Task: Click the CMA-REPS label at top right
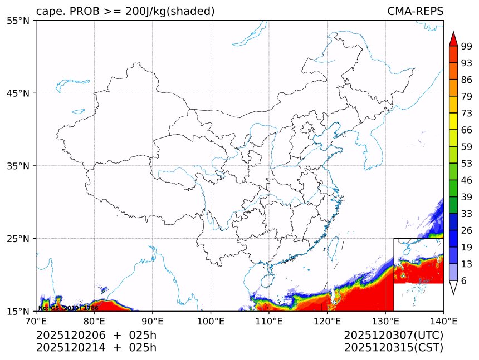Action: coord(416,11)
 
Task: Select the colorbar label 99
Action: coord(467,47)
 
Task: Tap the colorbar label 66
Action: coord(467,130)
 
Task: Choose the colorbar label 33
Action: coord(467,214)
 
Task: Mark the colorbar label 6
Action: coord(464,281)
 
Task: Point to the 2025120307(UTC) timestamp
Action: coord(393,335)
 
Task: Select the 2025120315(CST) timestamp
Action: coord(393,348)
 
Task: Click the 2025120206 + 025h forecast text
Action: coord(96,335)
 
